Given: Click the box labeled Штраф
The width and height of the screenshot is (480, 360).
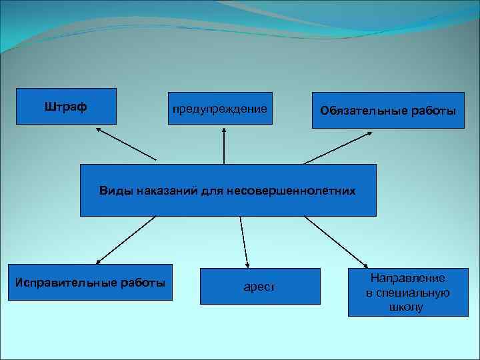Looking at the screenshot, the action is tap(66, 107).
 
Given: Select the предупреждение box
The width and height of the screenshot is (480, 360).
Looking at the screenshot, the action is tap(220, 109).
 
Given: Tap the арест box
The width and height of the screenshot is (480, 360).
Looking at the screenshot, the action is tap(259, 287).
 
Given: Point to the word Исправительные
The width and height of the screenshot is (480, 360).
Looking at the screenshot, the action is tap(65, 282).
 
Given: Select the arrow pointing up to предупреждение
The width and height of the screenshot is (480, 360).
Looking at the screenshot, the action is tap(224, 147).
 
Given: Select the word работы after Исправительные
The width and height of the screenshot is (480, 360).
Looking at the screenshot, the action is tap(141, 282).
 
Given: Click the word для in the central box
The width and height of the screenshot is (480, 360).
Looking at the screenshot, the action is tap(215, 191).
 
